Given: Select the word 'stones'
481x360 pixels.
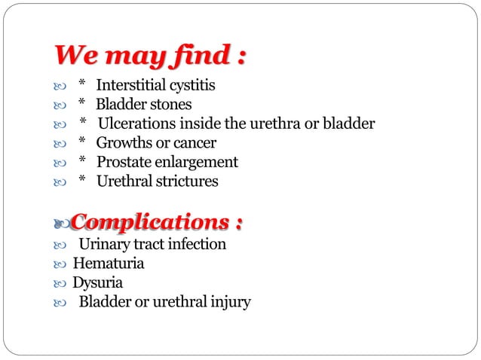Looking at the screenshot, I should tap(170, 104).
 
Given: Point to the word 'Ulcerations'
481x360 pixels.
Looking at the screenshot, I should tap(139, 124).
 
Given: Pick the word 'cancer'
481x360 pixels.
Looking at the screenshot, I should tap(194, 142).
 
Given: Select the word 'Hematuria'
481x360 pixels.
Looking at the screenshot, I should tap(108, 264).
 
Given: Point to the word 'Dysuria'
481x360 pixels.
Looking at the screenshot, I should tap(97, 283).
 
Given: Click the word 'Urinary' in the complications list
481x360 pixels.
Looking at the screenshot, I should tap(104, 244).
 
